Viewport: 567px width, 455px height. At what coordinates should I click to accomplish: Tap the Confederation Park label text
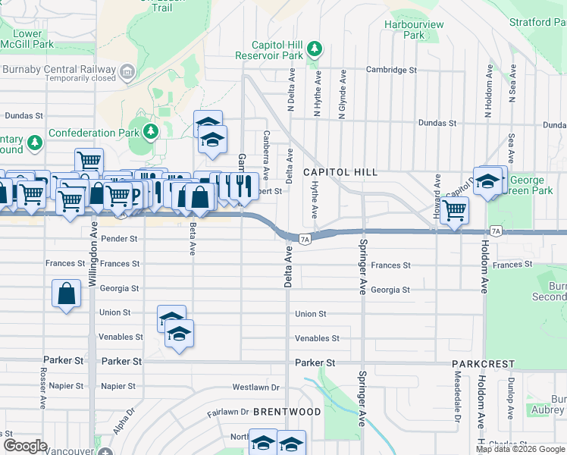click(94, 133)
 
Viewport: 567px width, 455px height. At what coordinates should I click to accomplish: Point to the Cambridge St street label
click(392, 70)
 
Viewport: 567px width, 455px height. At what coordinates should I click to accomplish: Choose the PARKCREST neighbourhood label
click(484, 365)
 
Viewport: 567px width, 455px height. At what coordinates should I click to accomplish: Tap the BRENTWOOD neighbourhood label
click(287, 411)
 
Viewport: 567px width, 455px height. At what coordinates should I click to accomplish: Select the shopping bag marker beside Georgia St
click(66, 294)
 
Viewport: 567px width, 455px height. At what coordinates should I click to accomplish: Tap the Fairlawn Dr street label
click(228, 413)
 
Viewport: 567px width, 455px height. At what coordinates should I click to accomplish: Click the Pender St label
click(118, 239)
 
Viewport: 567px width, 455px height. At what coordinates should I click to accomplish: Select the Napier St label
click(118, 386)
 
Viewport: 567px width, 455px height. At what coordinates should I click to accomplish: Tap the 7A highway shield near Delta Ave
click(305, 239)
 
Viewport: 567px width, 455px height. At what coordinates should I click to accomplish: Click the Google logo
click(26, 446)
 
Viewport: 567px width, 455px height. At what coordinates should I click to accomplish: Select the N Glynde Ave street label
click(343, 92)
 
